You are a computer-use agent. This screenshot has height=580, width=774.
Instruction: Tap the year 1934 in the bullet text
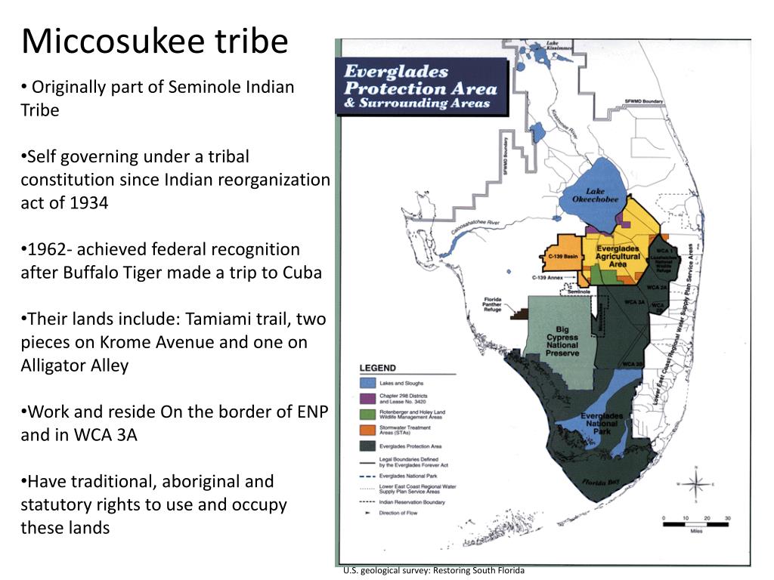pyautogui.click(x=88, y=203)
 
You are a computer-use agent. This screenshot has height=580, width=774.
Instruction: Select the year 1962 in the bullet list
pyautogui.click(x=48, y=250)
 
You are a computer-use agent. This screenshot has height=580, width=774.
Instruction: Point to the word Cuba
pyautogui.click(x=302, y=273)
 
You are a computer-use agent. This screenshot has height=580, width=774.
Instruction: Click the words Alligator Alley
pyautogui.click(x=75, y=366)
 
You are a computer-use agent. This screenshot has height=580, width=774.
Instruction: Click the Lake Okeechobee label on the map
pyautogui.click(x=596, y=195)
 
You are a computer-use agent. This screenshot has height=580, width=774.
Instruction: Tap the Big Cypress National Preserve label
pyautogui.click(x=562, y=341)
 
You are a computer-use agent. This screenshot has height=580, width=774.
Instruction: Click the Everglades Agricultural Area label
pyautogui.click(x=618, y=256)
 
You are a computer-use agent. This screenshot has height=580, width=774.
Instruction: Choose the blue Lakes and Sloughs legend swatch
pyautogui.click(x=368, y=384)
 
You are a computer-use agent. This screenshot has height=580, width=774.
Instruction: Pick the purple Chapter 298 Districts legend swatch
pyautogui.click(x=368, y=399)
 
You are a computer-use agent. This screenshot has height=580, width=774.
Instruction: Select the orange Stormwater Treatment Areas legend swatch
pyautogui.click(x=368, y=430)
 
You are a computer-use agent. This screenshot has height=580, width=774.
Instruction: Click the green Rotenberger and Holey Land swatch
pyautogui.click(x=368, y=415)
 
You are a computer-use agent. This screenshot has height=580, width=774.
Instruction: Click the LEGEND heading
pyautogui.click(x=377, y=368)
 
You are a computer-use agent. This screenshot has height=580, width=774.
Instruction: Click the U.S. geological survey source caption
pyautogui.click(x=433, y=571)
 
